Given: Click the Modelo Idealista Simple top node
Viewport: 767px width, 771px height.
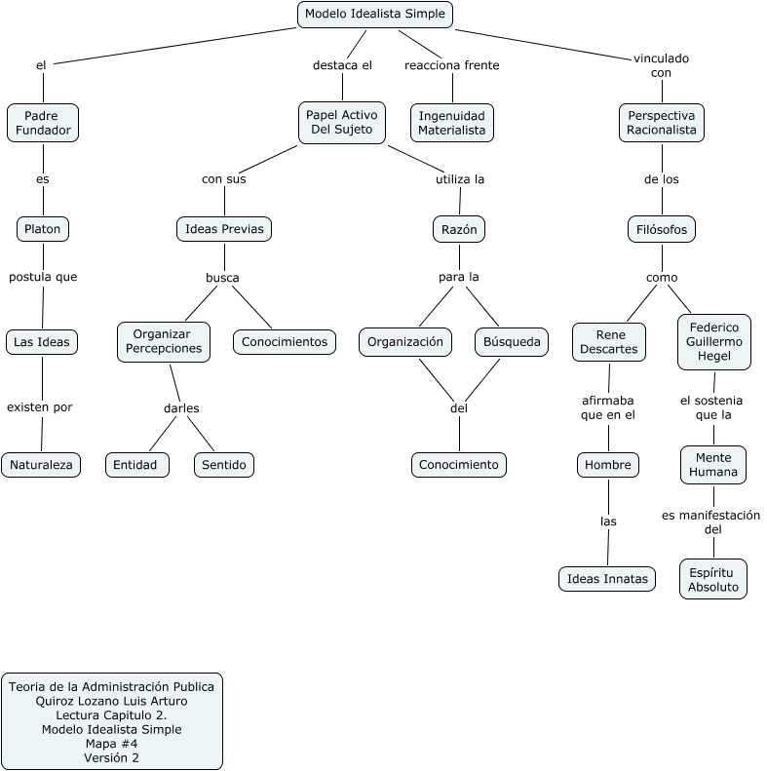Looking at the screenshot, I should [x=374, y=14].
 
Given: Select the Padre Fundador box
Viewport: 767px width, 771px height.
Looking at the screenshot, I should [x=42, y=123].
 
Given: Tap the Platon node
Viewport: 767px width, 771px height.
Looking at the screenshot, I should [x=43, y=229].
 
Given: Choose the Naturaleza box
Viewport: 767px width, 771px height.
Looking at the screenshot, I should [x=41, y=465].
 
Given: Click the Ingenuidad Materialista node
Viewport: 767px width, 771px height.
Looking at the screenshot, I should [x=451, y=123].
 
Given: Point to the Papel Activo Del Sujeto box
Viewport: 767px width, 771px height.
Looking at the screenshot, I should [x=341, y=123].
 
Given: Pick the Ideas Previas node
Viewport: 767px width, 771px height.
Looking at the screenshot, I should [x=224, y=229].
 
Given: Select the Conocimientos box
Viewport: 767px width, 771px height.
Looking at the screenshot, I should [x=285, y=342].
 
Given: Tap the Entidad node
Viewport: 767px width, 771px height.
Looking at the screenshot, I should [x=136, y=465].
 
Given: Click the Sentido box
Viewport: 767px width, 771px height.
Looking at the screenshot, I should [x=224, y=465].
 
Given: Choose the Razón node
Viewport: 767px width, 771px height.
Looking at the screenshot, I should [x=459, y=229].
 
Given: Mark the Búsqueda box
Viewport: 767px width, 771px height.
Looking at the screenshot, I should [x=512, y=342].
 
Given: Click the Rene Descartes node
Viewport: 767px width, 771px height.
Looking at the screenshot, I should [x=608, y=342].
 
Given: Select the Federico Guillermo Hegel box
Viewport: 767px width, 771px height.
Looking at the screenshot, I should [x=714, y=342].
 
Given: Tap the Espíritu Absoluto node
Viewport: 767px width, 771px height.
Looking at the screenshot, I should [x=713, y=579].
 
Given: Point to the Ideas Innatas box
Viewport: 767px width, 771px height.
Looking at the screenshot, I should [x=606, y=579].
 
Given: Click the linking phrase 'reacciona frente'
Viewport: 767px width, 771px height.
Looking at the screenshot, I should [x=451, y=65].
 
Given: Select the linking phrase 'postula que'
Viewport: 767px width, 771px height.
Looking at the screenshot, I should [x=43, y=277].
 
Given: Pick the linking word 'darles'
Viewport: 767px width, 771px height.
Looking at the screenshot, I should [x=181, y=408].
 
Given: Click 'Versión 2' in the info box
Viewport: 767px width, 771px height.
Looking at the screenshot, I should [x=111, y=757].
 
